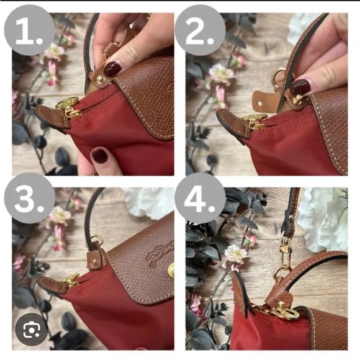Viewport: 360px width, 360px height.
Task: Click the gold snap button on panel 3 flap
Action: click(x=171, y=271)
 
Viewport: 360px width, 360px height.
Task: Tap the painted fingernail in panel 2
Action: click(x=300, y=86)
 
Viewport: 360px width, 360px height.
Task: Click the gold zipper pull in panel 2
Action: click(x=254, y=120)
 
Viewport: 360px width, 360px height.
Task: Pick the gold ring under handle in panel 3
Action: click(x=97, y=239)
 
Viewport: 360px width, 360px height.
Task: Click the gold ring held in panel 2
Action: click(x=278, y=76)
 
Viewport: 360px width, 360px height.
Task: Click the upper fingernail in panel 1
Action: click(x=113, y=68)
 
